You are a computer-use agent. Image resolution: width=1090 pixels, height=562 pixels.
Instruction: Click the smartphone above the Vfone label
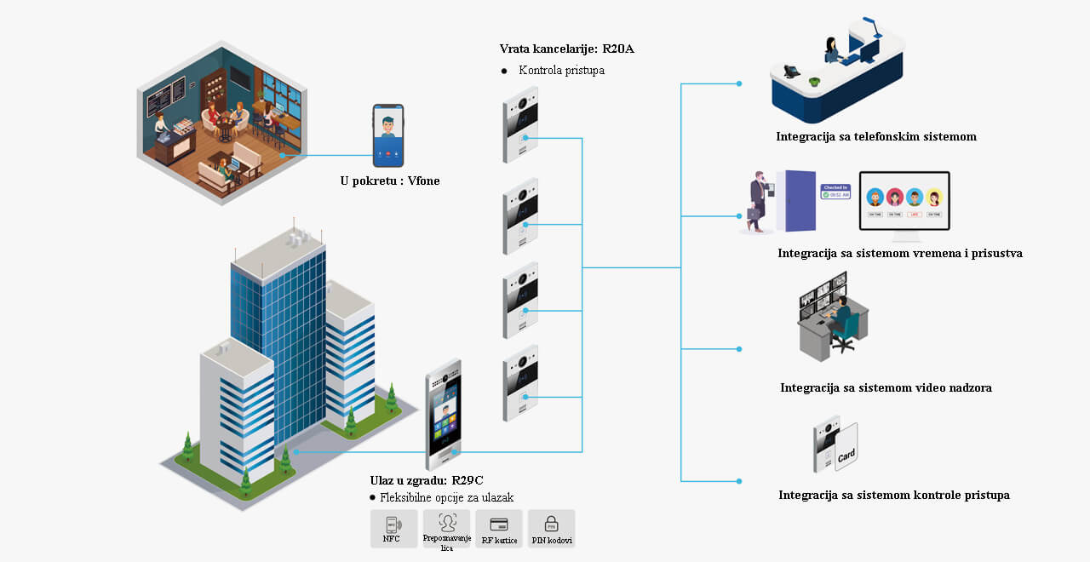388,136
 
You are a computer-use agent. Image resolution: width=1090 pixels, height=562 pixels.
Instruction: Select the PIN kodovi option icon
551,526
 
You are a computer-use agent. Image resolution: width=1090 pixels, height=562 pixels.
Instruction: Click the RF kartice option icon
499,526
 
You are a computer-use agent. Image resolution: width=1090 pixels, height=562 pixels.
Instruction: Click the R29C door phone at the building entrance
443,414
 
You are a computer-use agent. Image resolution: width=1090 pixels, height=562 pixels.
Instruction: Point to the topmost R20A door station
520,125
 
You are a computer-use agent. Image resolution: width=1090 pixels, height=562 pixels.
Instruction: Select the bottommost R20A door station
520,382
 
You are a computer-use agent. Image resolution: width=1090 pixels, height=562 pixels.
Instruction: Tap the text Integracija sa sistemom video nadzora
886,388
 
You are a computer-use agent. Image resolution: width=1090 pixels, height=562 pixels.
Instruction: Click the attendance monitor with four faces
904,202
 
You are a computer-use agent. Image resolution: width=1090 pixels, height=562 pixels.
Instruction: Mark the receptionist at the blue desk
831,51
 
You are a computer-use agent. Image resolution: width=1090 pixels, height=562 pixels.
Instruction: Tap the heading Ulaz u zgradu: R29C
427,480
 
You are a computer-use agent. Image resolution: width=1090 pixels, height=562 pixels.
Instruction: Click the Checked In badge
835,191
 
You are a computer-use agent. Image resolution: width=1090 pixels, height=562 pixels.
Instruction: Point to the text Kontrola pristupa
561,71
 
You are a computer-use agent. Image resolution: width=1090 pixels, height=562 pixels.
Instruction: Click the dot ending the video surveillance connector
739,349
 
